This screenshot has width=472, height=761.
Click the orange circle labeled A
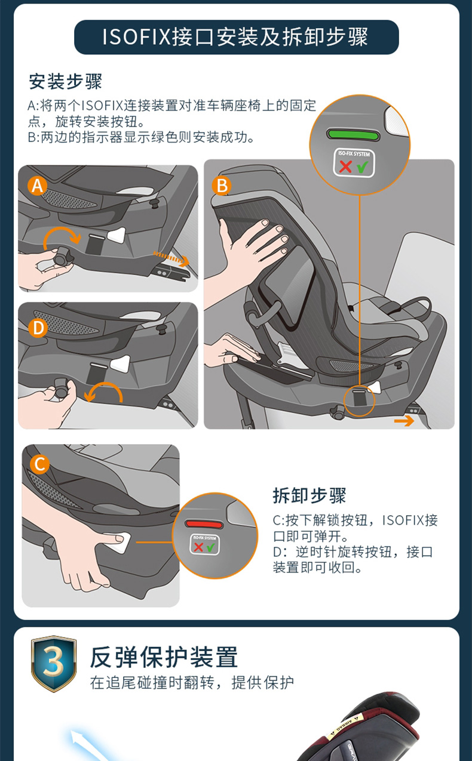(38, 186)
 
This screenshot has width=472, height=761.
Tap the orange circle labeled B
(222, 186)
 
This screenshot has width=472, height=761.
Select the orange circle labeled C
(40, 464)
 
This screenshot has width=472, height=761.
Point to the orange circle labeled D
(38, 328)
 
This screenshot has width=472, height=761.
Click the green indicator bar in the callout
(353, 135)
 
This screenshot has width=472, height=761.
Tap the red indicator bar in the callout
(204, 523)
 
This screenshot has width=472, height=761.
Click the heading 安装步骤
(65, 82)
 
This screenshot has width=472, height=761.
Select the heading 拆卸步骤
(309, 495)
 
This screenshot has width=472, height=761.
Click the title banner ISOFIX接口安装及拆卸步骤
(237, 37)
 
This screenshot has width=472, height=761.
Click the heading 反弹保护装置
(164, 657)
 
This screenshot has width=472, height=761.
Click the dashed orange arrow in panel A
(171, 259)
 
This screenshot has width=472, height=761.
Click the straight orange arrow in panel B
(404, 421)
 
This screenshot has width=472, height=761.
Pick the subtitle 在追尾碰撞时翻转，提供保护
(192, 683)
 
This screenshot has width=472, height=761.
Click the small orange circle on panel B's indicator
(359, 401)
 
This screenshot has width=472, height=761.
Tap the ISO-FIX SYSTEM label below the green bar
(354, 163)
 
